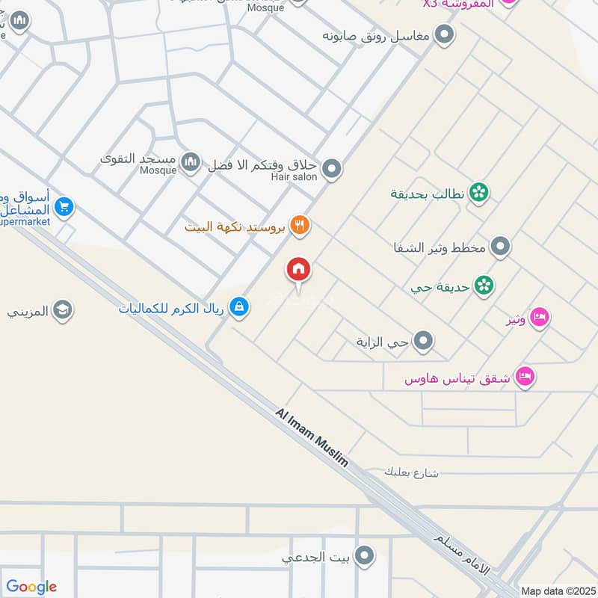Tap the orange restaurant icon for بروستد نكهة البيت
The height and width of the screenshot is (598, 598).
click(300, 225)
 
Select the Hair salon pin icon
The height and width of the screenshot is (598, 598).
click(331, 170)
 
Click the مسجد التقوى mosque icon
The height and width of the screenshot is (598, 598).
click(191, 161)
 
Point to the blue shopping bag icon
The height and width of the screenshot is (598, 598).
click(239, 306)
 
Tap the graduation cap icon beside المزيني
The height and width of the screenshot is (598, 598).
click(63, 310)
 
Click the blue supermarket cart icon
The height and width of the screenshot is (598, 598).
click(64, 207)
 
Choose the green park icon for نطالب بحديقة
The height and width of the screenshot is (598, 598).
click(479, 193)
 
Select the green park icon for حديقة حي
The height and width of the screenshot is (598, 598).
click(484, 286)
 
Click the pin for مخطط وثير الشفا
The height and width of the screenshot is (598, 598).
click(501, 246)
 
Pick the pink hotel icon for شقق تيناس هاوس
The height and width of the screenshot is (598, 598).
click(526, 377)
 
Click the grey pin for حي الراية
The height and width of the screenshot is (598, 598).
click(424, 342)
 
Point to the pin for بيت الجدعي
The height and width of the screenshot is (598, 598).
click(364, 555)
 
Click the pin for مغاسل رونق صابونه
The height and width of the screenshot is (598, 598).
click(446, 35)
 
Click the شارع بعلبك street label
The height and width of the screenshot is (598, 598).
click(411, 472)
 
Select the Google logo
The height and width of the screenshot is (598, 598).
click(31, 587)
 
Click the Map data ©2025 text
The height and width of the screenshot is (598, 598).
click(557, 591)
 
